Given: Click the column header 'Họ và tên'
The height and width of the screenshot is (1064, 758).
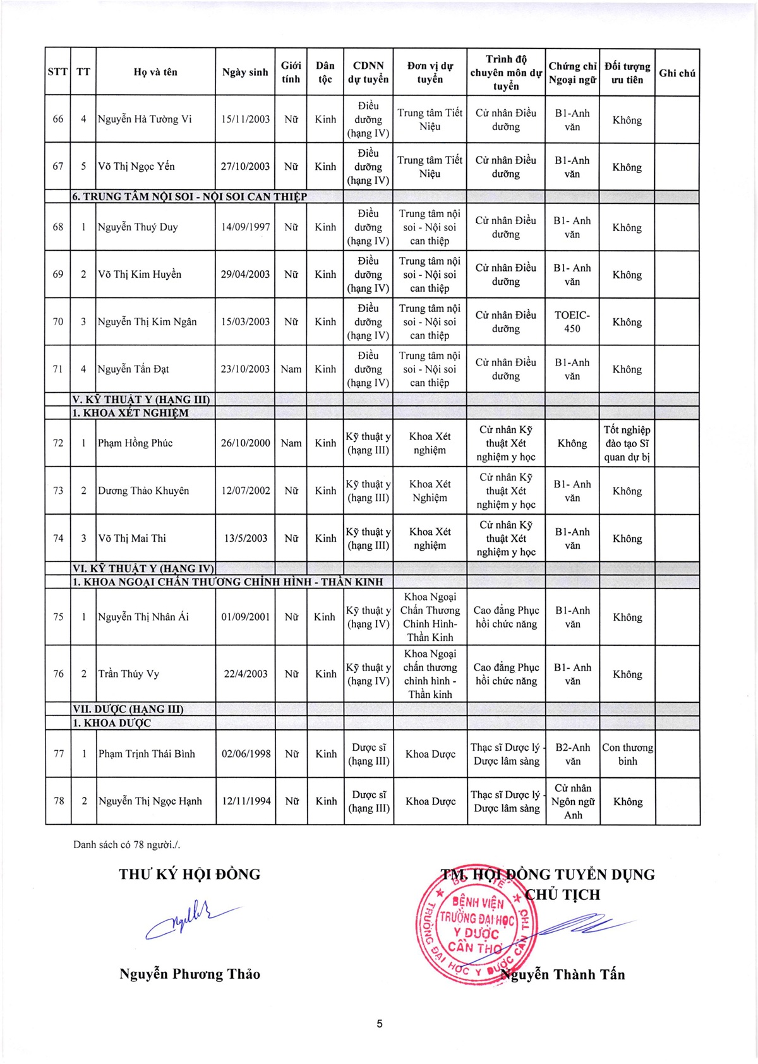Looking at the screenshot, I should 155,72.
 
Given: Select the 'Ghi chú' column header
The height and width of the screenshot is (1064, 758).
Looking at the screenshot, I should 677,73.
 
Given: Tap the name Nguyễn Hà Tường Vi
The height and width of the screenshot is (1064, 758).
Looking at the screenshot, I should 145,119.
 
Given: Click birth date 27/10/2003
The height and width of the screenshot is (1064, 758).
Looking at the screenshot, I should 245,167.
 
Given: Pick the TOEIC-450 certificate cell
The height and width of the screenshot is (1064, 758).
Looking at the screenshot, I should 572,321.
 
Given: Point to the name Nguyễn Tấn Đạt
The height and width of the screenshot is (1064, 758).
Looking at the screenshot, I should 133,369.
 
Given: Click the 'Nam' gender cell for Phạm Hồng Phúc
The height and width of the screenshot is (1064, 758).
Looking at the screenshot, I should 291,443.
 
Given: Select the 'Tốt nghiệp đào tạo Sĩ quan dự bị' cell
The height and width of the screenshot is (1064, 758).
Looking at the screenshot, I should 627,443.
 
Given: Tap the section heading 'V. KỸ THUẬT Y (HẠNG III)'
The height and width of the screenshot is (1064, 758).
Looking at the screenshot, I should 141,399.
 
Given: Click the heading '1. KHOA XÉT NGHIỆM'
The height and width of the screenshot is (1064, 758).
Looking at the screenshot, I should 130,413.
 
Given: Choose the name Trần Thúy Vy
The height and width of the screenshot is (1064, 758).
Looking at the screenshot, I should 129,674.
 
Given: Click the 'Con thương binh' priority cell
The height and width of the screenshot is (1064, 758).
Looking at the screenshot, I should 627,754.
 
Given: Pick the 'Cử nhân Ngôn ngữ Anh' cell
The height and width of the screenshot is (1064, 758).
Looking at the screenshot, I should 572,801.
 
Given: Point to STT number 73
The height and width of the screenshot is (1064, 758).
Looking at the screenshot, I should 58,491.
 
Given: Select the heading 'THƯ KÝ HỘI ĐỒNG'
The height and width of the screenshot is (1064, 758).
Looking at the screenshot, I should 189,875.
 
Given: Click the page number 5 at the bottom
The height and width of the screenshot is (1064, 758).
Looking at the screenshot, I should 379,1024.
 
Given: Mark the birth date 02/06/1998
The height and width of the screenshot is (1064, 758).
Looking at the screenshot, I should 246,754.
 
